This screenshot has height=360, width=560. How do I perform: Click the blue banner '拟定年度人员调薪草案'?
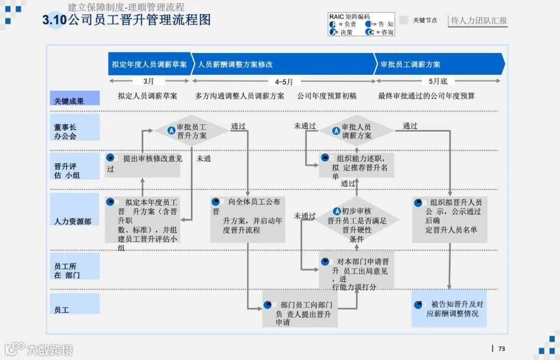(x=149, y=64)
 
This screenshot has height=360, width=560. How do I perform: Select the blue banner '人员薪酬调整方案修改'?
(x=283, y=64)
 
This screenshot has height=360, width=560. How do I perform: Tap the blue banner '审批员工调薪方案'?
(x=439, y=64)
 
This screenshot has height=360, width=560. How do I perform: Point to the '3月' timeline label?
(x=149, y=81)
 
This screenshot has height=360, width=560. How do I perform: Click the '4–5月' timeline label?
(x=284, y=81)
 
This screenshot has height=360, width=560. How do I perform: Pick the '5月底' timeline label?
(x=438, y=81)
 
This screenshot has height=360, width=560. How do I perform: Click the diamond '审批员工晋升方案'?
(x=191, y=131)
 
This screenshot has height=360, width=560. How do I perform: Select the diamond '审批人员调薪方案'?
(x=356, y=131)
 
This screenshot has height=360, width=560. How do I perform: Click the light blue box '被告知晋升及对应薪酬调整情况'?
(x=450, y=309)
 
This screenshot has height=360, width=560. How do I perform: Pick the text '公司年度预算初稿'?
(x=327, y=96)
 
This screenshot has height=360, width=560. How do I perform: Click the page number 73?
(x=501, y=349)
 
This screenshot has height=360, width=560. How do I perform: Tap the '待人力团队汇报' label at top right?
(x=478, y=21)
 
